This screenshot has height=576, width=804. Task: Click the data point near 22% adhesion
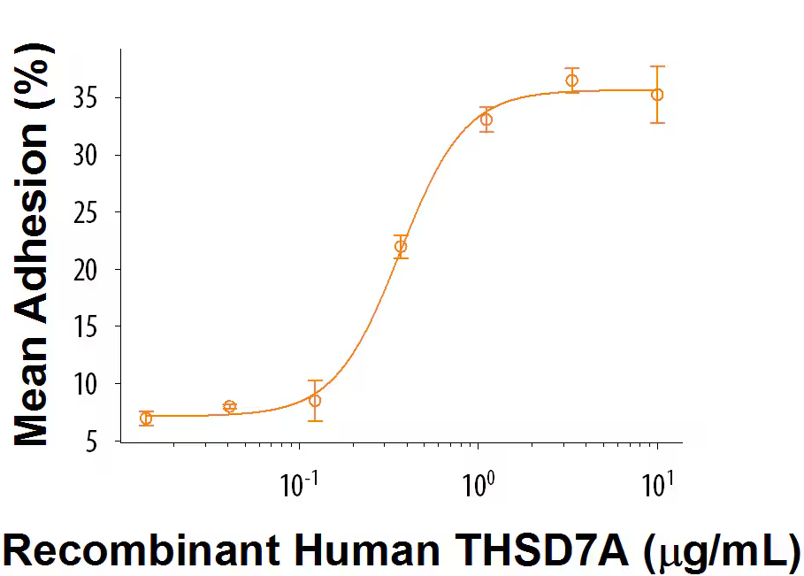tap(401, 247)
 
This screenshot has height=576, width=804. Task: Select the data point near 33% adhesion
tap(486, 119)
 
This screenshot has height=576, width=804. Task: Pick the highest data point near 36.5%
tap(572, 81)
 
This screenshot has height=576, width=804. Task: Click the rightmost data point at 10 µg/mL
tap(657, 95)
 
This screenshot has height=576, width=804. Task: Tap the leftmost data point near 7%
tap(146, 419)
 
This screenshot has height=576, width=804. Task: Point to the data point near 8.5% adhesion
tap(315, 400)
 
